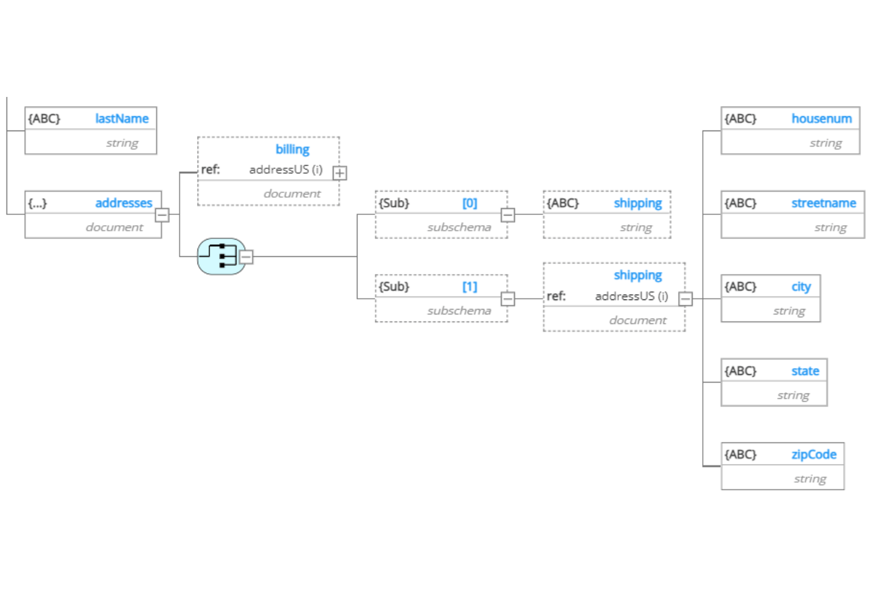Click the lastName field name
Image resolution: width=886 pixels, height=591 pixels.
[122, 119]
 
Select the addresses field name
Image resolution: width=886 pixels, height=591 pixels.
[123, 202]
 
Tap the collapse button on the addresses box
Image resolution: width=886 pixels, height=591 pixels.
[162, 215]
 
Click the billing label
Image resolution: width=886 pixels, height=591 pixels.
[292, 149]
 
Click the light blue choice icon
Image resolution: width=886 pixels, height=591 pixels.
[221, 256]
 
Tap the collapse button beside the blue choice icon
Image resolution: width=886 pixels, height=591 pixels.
[246, 257]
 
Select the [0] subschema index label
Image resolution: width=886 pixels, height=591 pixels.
[469, 203]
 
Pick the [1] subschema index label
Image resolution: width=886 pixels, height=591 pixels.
[469, 286]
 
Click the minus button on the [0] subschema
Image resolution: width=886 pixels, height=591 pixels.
[508, 215]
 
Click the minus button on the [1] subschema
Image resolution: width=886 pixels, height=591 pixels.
[508, 299]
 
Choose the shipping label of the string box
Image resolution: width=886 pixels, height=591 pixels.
[638, 203]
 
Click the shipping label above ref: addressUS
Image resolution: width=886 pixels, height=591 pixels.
[638, 275]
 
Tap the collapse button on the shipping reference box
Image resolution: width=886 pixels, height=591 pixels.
[685, 299]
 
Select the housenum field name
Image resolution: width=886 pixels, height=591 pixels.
[821, 119]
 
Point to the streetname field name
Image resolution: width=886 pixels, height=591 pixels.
[824, 203]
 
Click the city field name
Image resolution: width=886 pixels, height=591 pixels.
[801, 287]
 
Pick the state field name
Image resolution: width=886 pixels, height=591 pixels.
[805, 371]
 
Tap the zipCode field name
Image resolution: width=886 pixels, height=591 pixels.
[814, 454]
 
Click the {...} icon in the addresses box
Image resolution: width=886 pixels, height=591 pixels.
[38, 203]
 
